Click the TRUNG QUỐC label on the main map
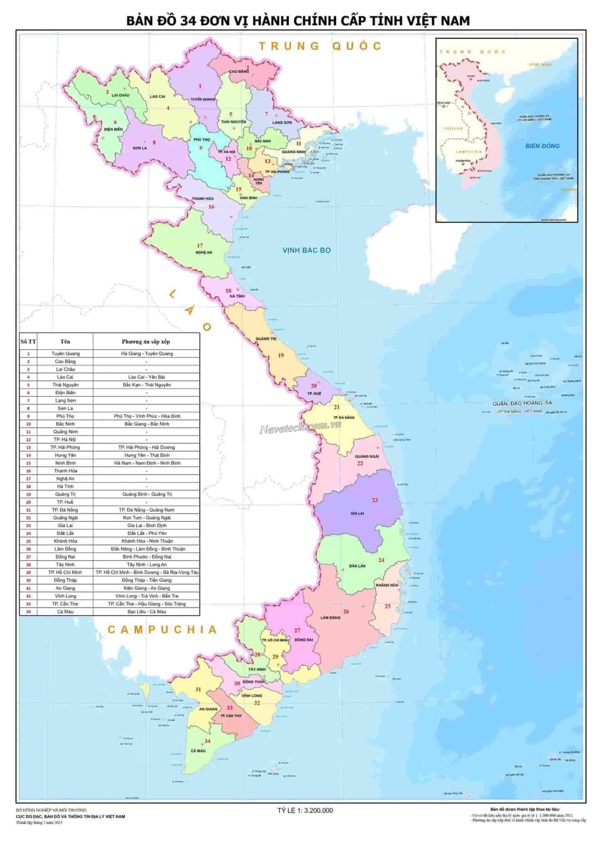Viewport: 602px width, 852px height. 320,46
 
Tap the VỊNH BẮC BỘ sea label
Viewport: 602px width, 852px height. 306,250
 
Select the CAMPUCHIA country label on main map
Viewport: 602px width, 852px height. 162,629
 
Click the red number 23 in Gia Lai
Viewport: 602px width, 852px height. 375,500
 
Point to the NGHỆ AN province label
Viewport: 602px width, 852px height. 204,252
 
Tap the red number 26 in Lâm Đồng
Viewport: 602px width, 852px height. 346,611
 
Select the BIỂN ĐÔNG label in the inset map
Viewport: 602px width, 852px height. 542,146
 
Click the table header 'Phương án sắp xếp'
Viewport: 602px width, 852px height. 146,341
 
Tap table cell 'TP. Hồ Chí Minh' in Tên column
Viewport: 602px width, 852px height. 65,572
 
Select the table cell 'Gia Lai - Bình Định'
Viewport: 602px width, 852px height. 147,526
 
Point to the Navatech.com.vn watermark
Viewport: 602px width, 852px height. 300,428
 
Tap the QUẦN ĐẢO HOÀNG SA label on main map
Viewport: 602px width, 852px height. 522,403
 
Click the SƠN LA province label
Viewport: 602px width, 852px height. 140,148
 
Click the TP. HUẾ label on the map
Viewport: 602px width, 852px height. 314,393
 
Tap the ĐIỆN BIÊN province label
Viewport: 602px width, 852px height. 113,129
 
